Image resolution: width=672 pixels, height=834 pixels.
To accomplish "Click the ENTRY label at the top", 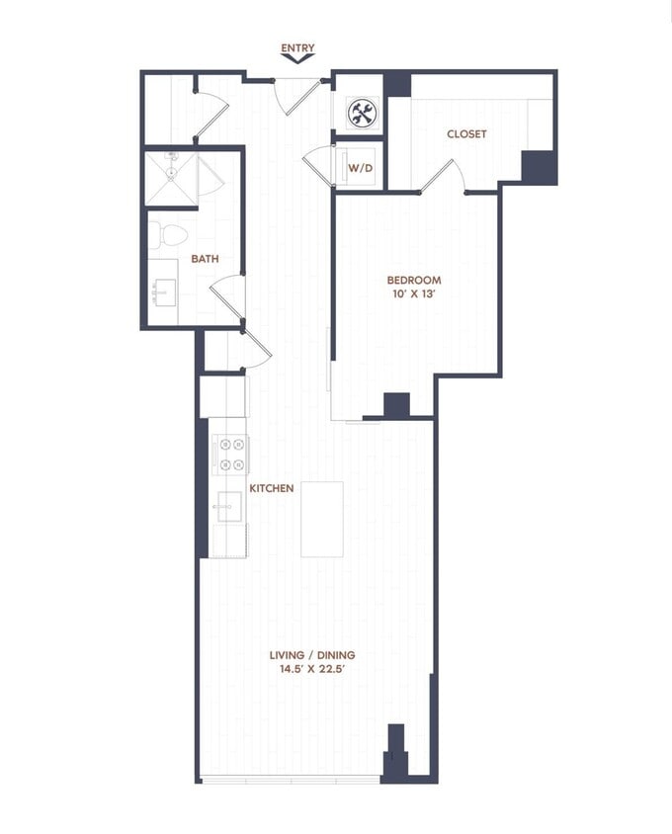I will pyautogui.click(x=297, y=47).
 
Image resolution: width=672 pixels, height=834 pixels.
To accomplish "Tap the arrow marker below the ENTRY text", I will pyautogui.click(x=297, y=59).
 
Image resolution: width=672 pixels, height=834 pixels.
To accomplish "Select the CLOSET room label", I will pyautogui.click(x=466, y=134).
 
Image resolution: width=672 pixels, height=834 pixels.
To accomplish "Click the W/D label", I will pyautogui.click(x=361, y=168).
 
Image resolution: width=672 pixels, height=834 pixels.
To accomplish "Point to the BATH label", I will pyautogui.click(x=205, y=259).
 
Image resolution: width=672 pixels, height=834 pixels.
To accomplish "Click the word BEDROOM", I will pyautogui.click(x=414, y=280).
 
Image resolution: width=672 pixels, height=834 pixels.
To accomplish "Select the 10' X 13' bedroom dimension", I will pyautogui.click(x=414, y=294).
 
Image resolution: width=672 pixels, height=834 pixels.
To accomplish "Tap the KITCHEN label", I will pyautogui.click(x=271, y=488).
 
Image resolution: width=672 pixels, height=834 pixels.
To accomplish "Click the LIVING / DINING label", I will pyautogui.click(x=312, y=654).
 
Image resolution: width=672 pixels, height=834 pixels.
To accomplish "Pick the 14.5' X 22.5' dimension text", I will pyautogui.click(x=312, y=669).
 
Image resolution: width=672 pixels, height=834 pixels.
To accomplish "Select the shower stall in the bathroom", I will pyautogui.click(x=171, y=178).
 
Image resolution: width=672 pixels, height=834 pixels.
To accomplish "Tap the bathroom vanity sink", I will pyautogui.click(x=163, y=292).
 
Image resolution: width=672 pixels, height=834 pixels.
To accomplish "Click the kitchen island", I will pyautogui.click(x=322, y=519).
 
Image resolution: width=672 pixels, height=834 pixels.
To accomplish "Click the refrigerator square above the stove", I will pyautogui.click(x=222, y=396).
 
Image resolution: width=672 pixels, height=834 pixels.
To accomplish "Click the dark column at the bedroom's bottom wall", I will pyautogui.click(x=396, y=405).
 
